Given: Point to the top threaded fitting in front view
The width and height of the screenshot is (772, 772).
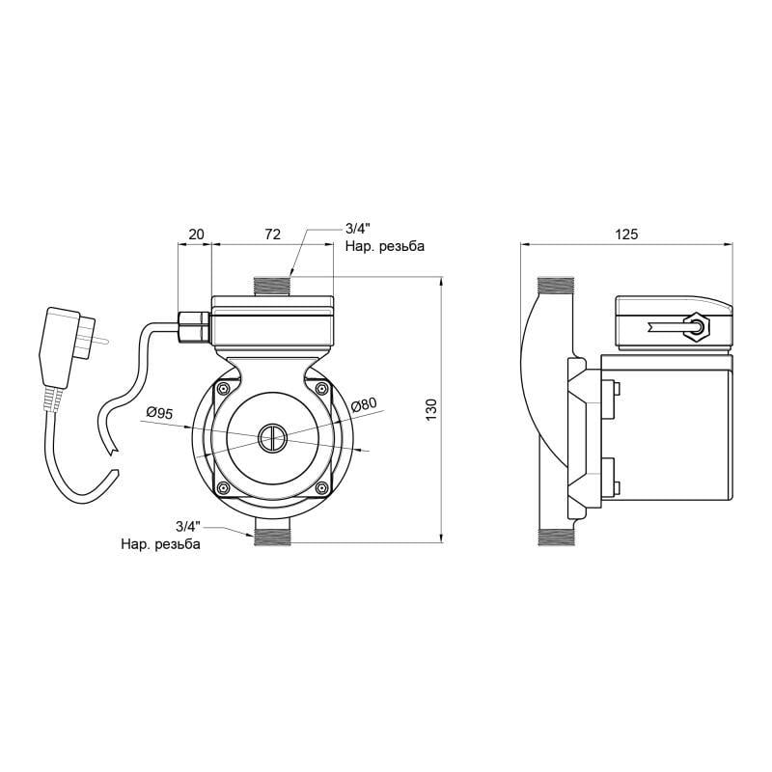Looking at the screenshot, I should click(272, 286).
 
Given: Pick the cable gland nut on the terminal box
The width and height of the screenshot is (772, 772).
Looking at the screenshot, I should click(193, 326).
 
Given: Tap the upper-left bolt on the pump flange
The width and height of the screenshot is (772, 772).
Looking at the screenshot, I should click(224, 389).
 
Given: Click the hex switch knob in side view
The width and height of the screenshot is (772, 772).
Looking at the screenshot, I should click(694, 326).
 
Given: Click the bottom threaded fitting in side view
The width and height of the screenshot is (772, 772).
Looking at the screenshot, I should click(555, 537).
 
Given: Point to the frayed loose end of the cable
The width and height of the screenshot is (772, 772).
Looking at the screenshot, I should click(114, 450).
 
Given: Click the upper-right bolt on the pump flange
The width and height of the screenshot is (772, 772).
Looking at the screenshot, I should click(320, 389).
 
